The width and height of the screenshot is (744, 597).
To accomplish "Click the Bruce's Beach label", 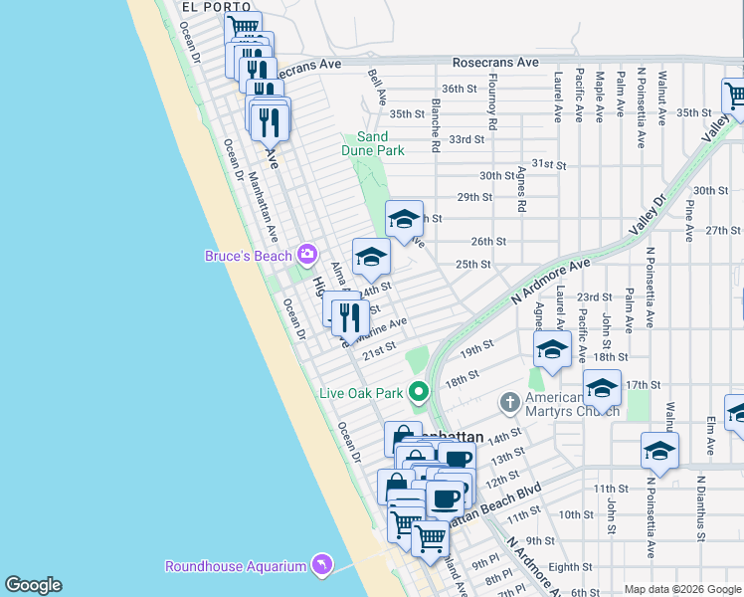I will tap(249, 256).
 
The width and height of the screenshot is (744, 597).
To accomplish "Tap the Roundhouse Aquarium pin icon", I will tap(320, 565).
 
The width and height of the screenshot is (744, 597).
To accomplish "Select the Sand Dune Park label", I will tap(373, 143).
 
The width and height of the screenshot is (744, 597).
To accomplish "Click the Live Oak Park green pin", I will tap(419, 392).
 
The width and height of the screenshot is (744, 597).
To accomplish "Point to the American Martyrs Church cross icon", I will tap(509, 402).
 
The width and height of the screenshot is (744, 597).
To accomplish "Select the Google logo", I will tap(34, 585).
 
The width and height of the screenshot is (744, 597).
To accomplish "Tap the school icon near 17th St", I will tap(602, 388).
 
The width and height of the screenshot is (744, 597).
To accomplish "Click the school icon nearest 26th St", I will tap(404, 219).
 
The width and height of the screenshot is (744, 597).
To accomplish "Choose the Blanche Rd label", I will tap(436, 124).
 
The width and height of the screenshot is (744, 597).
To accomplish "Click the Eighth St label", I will tap(570, 567).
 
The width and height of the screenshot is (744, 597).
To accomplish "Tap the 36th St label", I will tap(460, 89).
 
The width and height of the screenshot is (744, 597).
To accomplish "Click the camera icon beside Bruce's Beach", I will tap(305, 255).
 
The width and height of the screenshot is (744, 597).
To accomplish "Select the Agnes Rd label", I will tap(520, 189).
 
